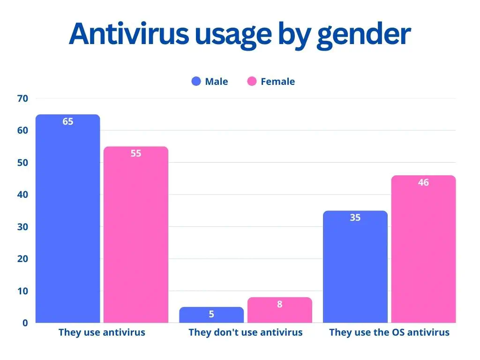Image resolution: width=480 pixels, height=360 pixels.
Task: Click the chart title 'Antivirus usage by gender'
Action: [240, 34]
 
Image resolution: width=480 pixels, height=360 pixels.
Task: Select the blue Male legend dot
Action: [196, 82]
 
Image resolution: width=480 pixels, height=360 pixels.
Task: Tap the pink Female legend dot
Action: [252, 82]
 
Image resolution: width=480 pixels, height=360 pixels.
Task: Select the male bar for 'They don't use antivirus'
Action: [211, 315]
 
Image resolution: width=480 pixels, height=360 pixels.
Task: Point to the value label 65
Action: [68, 121]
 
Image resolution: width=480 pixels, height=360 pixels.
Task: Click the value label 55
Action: [135, 153]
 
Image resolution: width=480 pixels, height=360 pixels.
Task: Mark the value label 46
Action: [423, 182]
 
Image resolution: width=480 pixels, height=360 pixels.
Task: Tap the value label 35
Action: [355, 217]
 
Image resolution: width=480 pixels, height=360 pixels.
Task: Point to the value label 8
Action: [279, 304]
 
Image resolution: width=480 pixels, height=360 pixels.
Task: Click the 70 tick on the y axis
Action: [23, 98]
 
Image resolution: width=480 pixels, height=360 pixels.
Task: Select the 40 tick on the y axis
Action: [23, 195]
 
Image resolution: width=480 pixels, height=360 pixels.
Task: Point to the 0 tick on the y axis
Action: [25, 323]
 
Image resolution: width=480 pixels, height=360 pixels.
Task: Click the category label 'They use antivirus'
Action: [102, 333]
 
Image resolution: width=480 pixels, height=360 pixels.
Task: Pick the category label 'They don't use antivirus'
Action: [245, 333]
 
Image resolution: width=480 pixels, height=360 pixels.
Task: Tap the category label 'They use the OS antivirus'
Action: [389, 333]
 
